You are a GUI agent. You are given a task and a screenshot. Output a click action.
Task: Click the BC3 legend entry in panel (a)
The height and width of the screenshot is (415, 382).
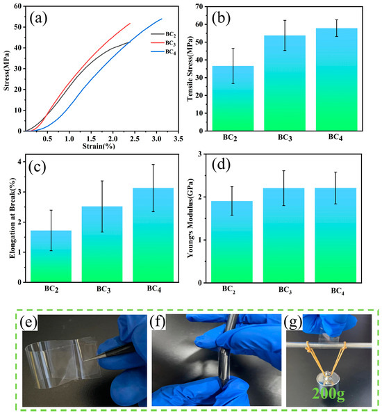point(163,43)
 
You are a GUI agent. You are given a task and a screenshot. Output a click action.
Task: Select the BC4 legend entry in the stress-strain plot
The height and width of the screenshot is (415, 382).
point(163,51)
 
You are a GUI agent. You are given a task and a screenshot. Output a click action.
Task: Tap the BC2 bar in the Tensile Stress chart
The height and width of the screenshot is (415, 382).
point(233,98)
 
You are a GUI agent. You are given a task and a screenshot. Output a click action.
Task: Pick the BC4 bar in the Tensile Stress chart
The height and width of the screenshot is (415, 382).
point(337,79)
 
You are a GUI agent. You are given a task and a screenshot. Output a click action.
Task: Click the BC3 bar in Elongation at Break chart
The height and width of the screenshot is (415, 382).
point(102,244)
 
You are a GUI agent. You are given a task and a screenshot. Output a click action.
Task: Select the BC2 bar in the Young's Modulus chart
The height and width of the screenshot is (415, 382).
point(232,242)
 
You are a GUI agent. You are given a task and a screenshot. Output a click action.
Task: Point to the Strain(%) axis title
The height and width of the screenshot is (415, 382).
point(99,146)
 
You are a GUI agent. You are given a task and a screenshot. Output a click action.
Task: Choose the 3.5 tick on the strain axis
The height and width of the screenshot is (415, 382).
point(178,139)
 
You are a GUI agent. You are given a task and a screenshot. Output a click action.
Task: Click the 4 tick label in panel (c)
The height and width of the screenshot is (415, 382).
point(19,162)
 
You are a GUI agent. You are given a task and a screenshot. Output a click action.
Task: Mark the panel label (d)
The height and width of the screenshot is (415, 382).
point(221,164)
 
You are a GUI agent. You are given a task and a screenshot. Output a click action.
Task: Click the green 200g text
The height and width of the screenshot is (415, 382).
point(329,393)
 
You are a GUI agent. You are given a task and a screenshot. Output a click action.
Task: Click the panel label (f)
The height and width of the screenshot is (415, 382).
point(158,323)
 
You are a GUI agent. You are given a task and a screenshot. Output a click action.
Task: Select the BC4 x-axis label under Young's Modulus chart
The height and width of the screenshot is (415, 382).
point(338,291)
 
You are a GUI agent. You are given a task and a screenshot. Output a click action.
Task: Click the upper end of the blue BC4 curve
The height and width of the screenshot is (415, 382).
point(162,19)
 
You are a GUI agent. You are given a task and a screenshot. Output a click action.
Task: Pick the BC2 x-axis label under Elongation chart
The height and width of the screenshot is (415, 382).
point(51,288)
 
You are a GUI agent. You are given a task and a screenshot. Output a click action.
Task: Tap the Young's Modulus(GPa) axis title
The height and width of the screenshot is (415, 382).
point(190,218)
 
